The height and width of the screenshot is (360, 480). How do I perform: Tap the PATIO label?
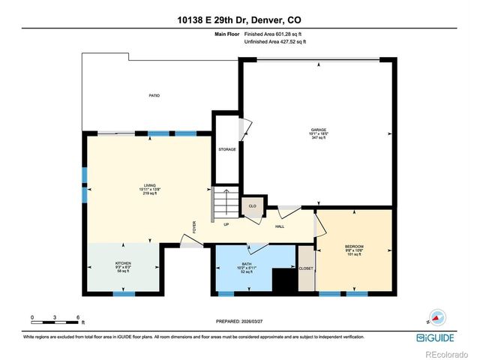[x=153, y=95]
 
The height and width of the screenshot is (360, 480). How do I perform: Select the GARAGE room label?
[x=319, y=133]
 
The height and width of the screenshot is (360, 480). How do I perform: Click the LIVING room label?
[x=150, y=188]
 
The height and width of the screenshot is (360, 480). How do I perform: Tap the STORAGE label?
[x=227, y=149]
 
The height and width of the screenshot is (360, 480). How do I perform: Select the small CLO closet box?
[x=253, y=206]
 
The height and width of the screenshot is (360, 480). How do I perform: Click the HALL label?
[x=279, y=226]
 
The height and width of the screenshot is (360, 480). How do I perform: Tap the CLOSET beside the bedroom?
[x=306, y=268]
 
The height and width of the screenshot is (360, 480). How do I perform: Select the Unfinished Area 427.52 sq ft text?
[x=276, y=41]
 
